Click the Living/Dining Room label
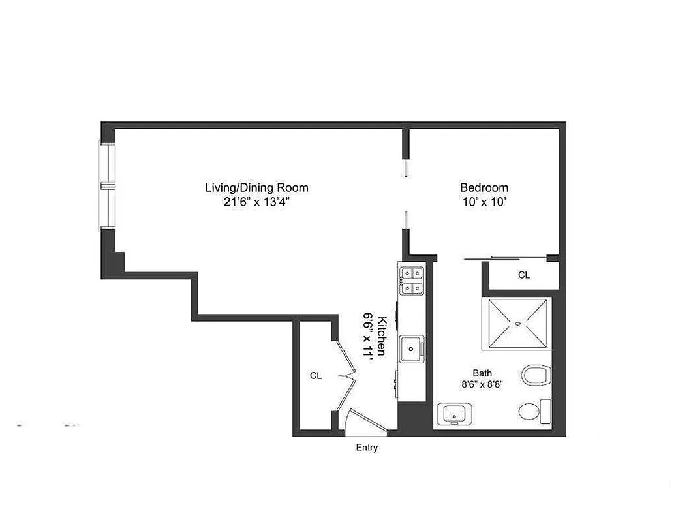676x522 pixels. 256,188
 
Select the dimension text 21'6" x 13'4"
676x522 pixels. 256,202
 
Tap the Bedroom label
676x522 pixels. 484,188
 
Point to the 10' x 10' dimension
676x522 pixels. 484,202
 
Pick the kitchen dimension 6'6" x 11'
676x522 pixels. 369,335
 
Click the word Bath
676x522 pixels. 482,373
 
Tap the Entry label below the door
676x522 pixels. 366,448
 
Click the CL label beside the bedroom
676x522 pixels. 524,275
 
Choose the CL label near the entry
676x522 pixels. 316,376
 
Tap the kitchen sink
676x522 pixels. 412,348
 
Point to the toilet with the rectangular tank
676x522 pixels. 536,412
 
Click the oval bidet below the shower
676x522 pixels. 536,375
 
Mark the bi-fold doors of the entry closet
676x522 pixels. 346,376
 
